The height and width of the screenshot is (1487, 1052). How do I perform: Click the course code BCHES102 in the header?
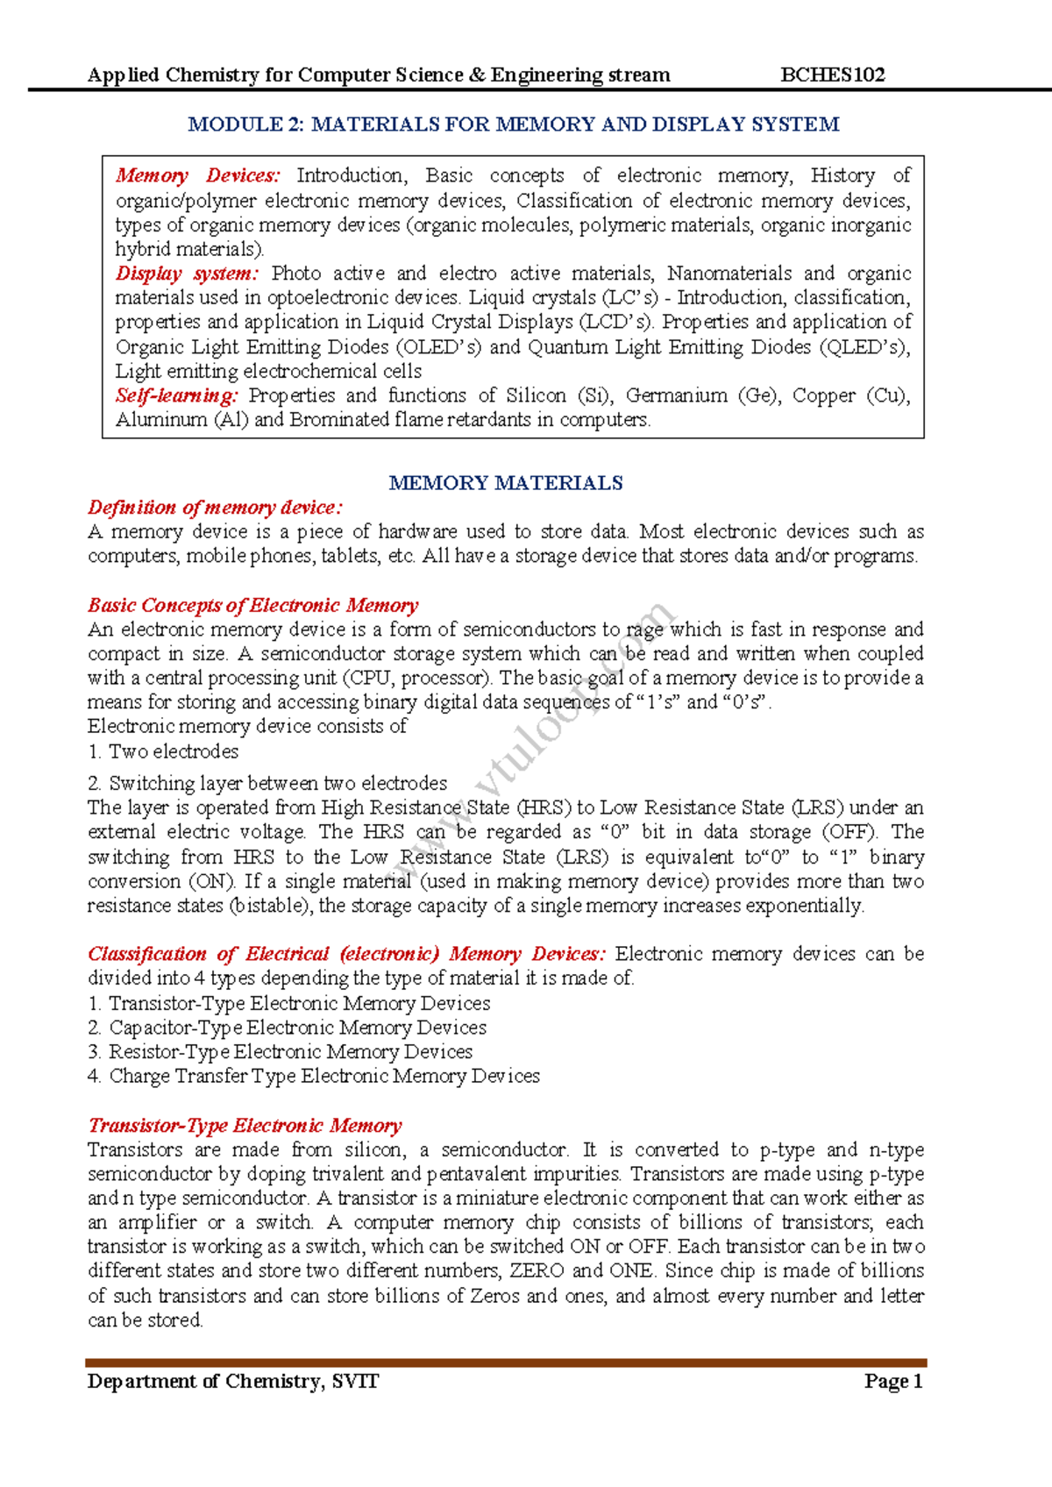coord(832,75)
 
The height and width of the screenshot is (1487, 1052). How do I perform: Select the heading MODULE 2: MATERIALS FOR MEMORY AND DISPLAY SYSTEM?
coord(514,125)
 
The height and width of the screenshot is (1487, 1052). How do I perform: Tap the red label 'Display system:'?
coord(187,274)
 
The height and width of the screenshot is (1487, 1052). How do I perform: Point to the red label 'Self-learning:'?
coord(176,395)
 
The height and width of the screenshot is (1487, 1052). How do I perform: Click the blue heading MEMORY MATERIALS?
coord(506,483)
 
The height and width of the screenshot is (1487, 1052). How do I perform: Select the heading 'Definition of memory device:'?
coord(215,508)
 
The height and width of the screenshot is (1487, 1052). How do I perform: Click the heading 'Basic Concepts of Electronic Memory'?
coord(252,605)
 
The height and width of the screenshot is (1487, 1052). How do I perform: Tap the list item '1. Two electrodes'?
coord(163,751)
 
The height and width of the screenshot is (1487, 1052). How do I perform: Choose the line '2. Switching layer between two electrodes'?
coord(267,783)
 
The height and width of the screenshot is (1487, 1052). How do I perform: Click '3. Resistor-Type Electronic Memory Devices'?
coord(280,1051)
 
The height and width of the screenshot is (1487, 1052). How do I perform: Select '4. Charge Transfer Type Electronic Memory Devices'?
coord(314,1076)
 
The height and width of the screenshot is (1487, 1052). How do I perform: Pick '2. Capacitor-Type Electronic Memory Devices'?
coord(287,1028)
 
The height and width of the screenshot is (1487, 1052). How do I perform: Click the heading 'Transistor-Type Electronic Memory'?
coord(245,1126)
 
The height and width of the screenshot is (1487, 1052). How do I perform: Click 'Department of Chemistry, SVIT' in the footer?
coord(233,1382)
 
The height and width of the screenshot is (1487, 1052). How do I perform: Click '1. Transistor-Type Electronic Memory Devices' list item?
coord(288,1003)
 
